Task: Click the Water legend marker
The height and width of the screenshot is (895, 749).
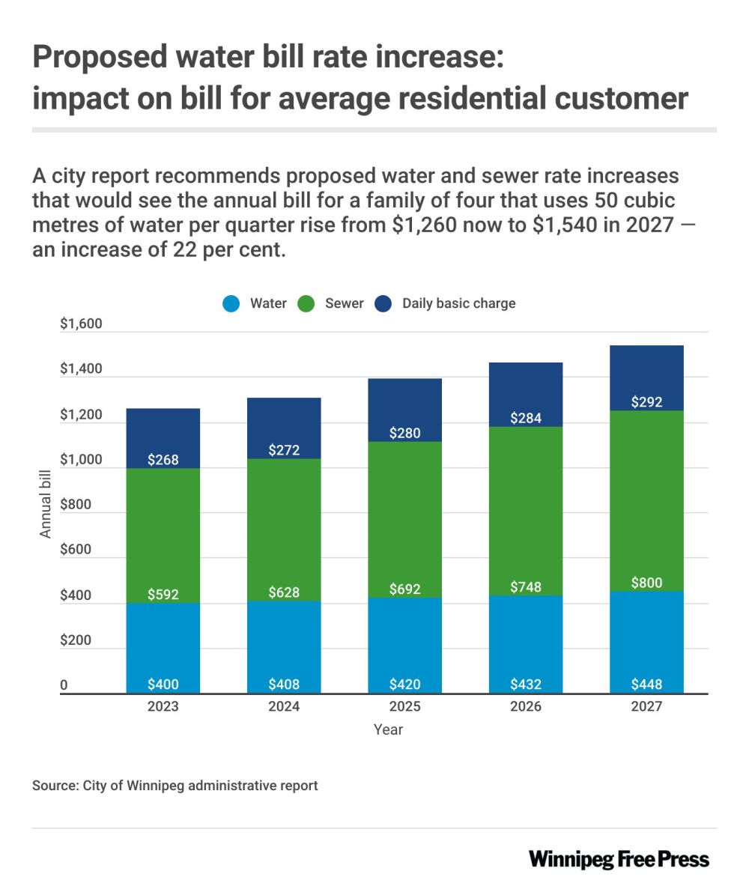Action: pyautogui.click(x=231, y=304)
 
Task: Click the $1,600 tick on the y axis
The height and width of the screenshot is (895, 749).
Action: pyautogui.click(x=80, y=325)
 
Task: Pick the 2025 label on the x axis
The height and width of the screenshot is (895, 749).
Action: pyautogui.click(x=404, y=706)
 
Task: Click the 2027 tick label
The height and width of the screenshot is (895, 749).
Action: pyautogui.click(x=646, y=706)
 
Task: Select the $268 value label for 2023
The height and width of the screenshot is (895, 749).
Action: pyautogui.click(x=163, y=460)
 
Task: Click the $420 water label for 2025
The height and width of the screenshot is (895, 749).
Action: pyautogui.click(x=404, y=685)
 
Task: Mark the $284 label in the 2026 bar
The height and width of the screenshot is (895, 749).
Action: pyautogui.click(x=526, y=418)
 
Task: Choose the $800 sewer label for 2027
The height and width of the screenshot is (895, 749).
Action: pyautogui.click(x=646, y=583)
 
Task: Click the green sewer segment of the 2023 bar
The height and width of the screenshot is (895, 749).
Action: pyautogui.click(x=163, y=524)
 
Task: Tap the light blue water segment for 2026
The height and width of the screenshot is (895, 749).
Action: pyautogui.click(x=526, y=644)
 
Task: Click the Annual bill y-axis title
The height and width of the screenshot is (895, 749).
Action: pyautogui.click(x=46, y=504)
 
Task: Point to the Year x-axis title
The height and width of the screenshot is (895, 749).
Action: pyautogui.click(x=388, y=729)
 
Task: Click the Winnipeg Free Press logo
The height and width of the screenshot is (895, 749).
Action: pyautogui.click(x=619, y=859)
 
